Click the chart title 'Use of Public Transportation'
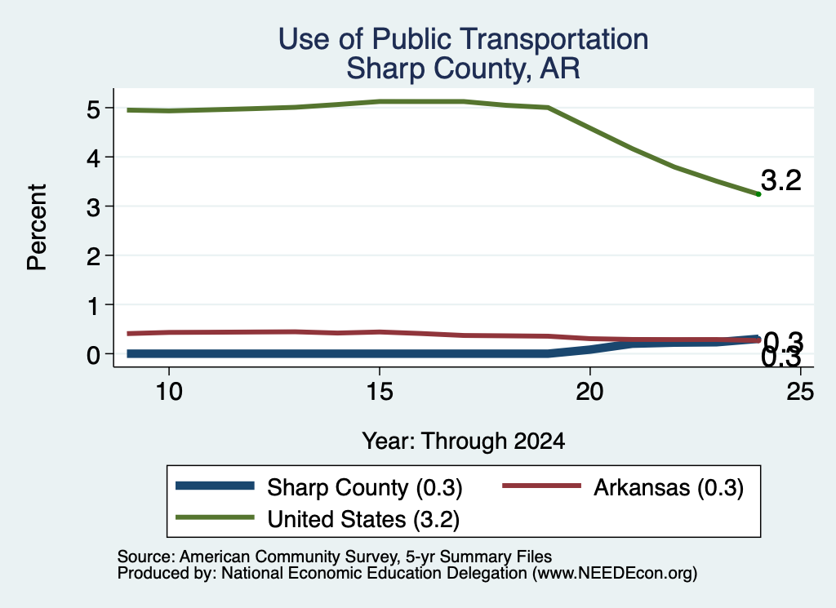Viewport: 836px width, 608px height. tap(464, 39)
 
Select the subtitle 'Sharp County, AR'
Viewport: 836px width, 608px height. tap(464, 69)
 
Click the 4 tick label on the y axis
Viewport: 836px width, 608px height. tap(93, 158)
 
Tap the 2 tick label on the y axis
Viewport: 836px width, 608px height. tap(93, 255)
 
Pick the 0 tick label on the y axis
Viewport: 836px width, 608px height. tap(93, 354)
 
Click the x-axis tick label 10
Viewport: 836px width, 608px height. tap(169, 392)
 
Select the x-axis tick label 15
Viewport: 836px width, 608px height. tap(380, 392)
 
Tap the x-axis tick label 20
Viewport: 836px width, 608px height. tap(589, 392)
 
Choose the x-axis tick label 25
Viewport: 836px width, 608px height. tap(800, 392)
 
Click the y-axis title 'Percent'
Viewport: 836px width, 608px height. tap(38, 227)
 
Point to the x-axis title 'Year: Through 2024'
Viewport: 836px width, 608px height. tap(464, 442)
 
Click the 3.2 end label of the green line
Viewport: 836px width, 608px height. tap(781, 180)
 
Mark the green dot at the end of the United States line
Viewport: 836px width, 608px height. tap(758, 194)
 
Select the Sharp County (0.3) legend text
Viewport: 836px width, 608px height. tap(365, 487)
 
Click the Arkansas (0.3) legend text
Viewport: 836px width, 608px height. tap(669, 487)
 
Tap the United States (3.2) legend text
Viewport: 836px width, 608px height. tap(363, 519)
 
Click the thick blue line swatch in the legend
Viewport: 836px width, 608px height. tap(215, 486)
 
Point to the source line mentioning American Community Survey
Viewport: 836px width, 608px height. tap(334, 557)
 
